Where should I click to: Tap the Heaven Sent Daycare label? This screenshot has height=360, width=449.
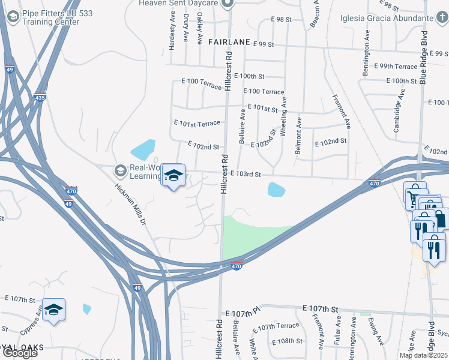(x=179, y=4)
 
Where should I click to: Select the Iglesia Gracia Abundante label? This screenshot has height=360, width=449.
(x=389, y=18)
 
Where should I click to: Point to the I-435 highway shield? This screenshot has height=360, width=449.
(x=40, y=97)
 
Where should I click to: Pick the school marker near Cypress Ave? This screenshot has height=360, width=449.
(x=54, y=310)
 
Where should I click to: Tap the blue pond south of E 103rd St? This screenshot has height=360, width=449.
(x=276, y=190)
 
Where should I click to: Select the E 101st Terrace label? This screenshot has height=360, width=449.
(x=196, y=123)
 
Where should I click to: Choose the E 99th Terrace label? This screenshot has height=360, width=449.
(x=395, y=66)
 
